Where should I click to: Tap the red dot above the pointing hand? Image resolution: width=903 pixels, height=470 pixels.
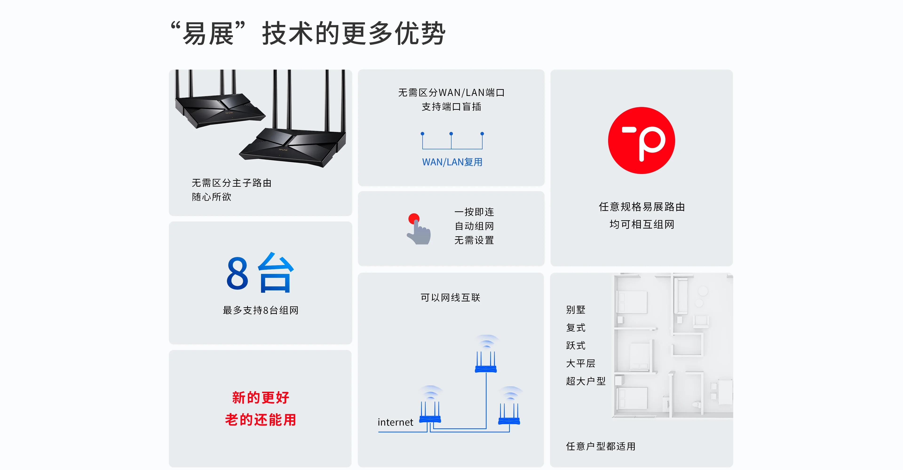click(414, 219)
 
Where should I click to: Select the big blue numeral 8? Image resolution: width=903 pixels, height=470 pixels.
click(237, 273)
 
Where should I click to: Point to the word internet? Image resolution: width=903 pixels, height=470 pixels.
click(395, 422)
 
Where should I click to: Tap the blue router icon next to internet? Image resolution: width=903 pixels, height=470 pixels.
click(430, 414)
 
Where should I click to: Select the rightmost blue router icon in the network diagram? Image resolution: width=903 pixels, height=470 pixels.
click(509, 415)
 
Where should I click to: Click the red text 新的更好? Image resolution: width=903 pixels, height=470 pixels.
click(261, 397)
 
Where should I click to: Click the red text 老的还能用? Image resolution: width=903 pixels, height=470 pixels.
click(261, 419)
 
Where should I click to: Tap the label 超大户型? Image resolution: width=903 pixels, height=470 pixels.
click(585, 381)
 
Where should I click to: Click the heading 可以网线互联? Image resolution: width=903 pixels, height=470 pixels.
click(451, 298)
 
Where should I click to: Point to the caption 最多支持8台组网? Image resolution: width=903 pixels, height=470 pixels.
click(261, 310)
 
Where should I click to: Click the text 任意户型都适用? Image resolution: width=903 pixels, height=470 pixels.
click(601, 446)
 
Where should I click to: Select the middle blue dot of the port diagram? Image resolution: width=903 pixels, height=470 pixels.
click(451, 134)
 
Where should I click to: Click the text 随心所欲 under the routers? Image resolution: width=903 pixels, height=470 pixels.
click(211, 197)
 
